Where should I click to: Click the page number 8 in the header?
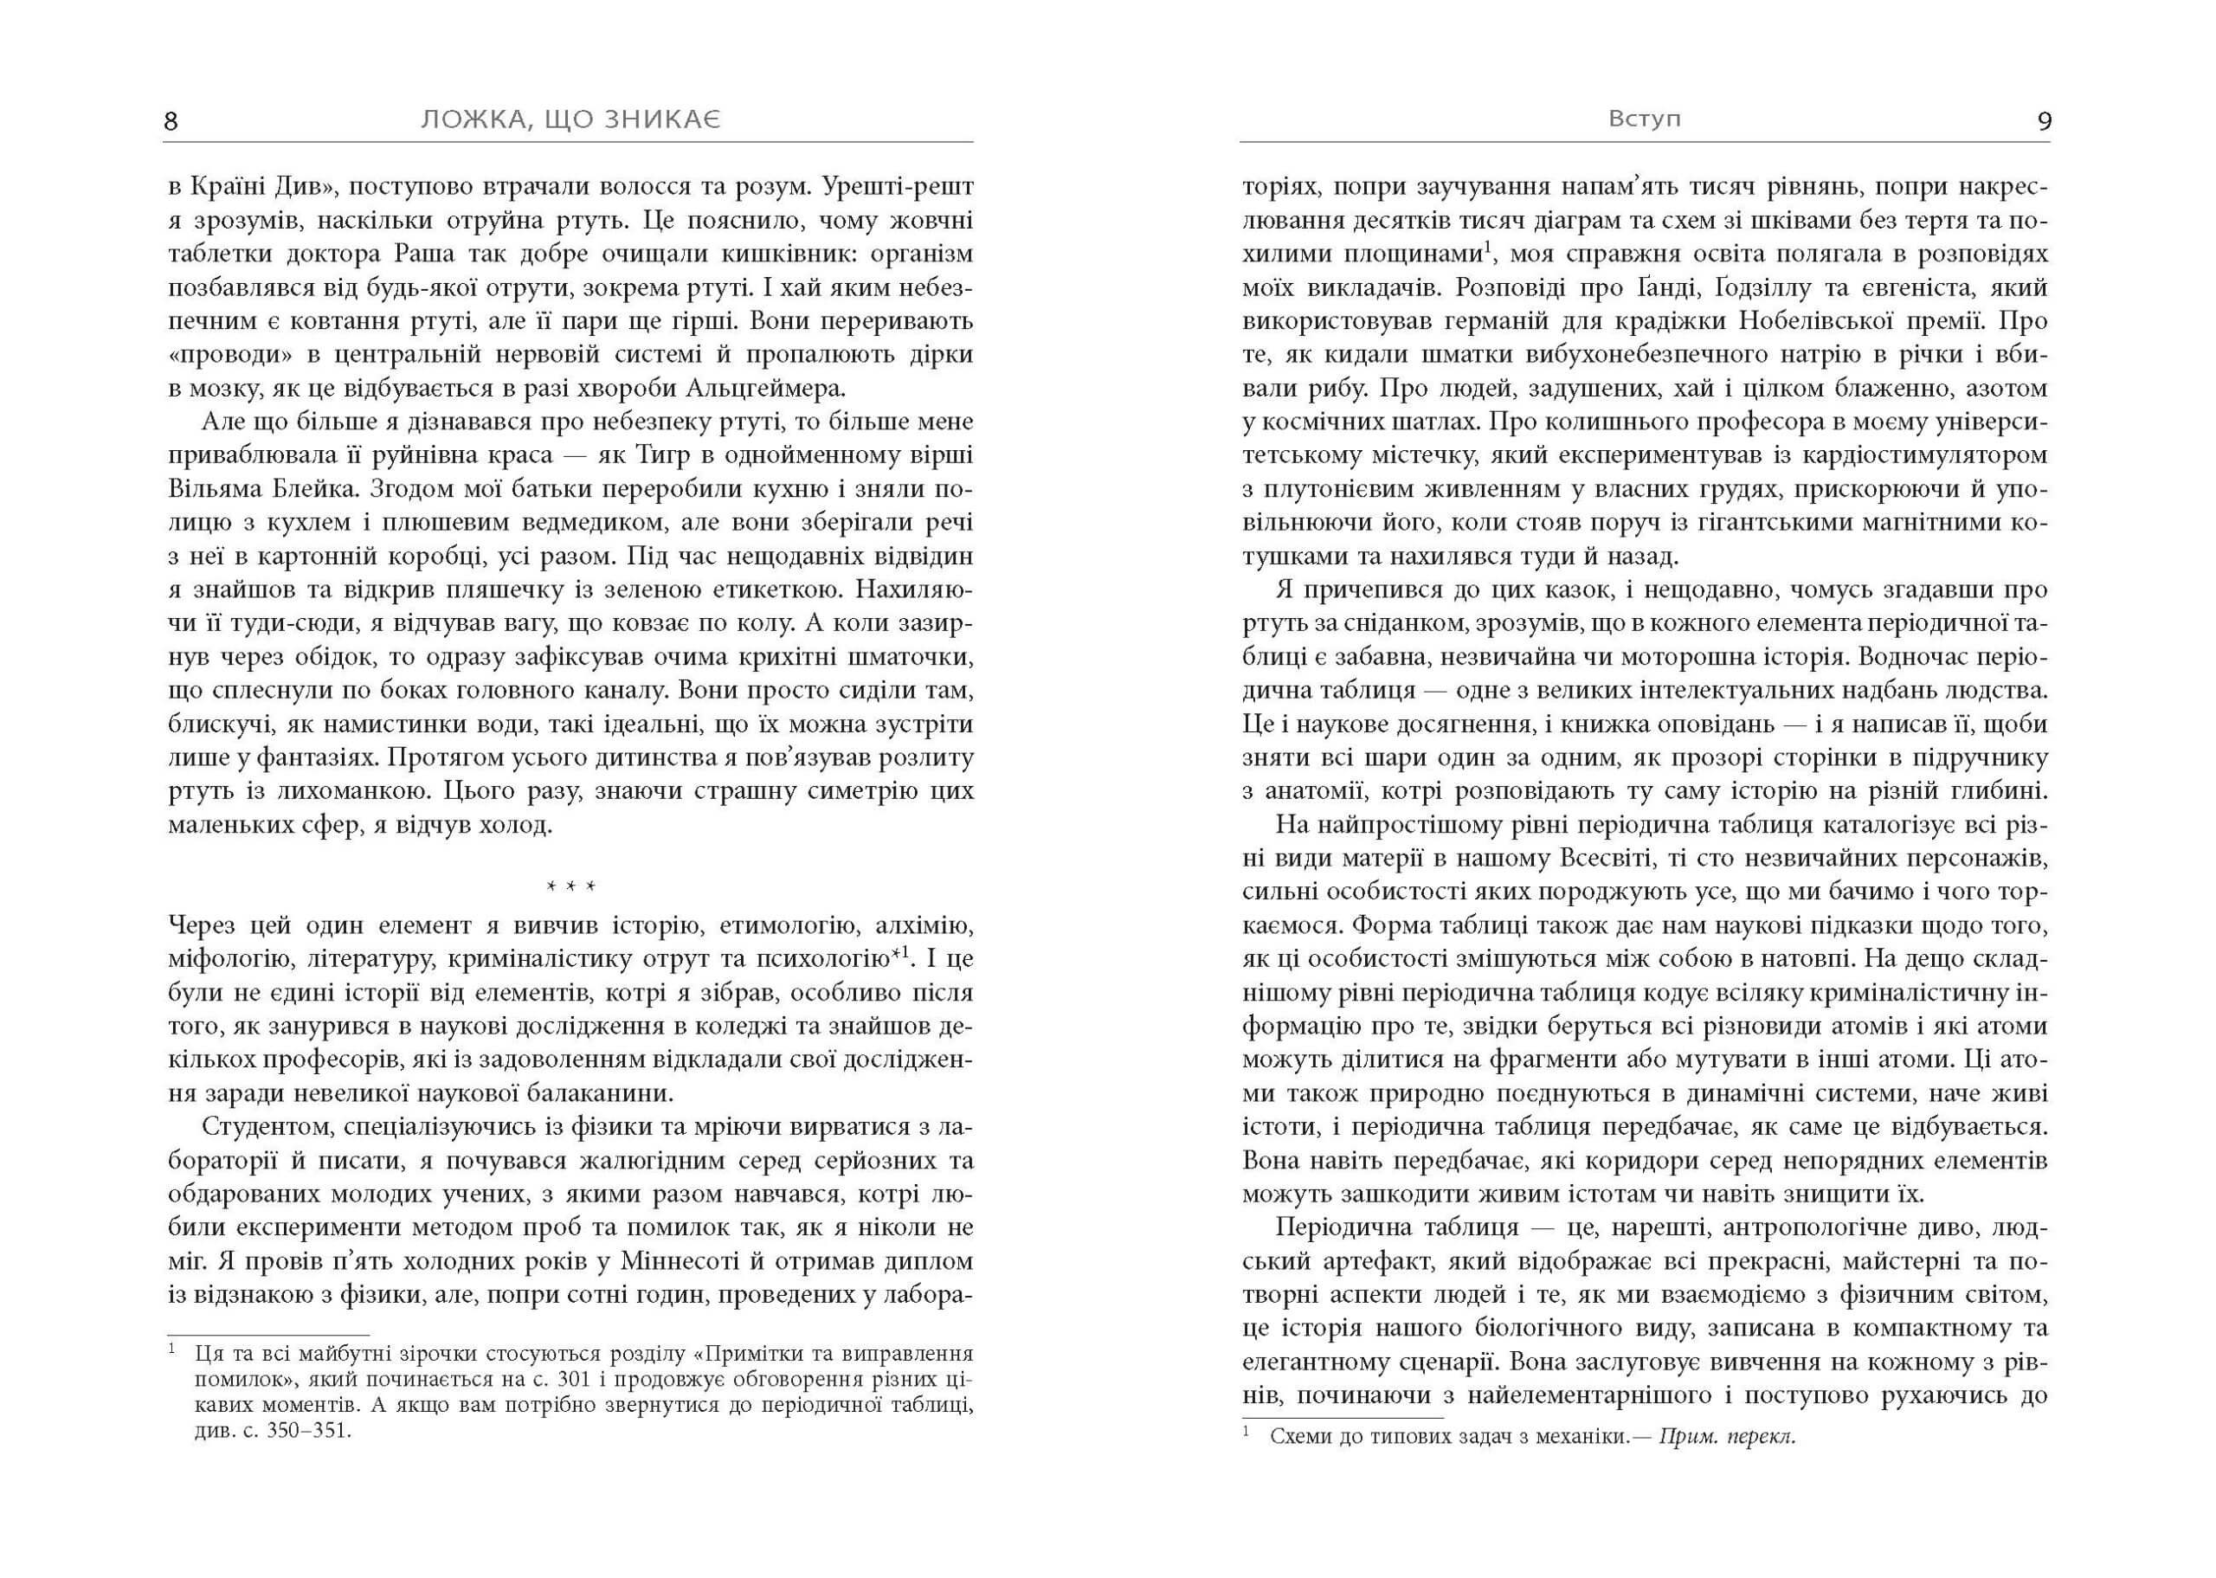pos(171,121)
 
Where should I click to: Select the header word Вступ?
pos(1644,119)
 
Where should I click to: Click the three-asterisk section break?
pos(570,888)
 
